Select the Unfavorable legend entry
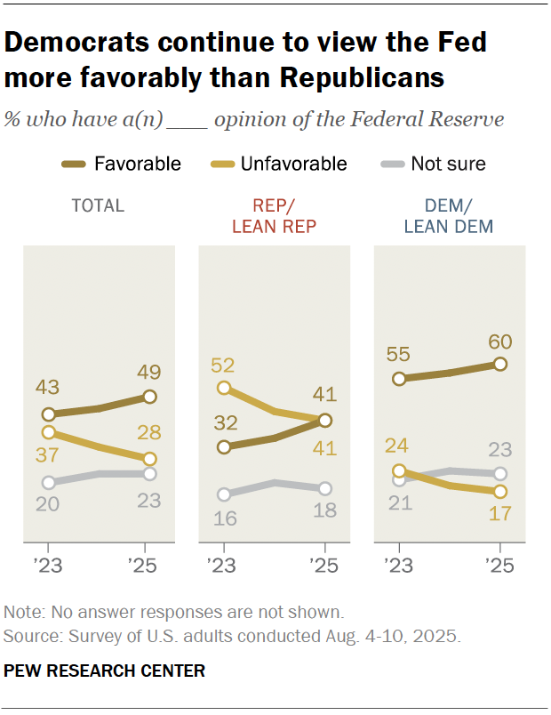(293, 164)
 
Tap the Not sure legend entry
(448, 164)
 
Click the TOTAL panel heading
(98, 206)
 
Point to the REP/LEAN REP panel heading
(274, 216)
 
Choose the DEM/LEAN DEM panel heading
(449, 216)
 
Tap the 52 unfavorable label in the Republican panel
(224, 365)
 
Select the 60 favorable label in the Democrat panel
(499, 341)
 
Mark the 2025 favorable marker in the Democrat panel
(500, 364)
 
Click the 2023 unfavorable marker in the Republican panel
(224, 388)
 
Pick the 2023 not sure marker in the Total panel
(48, 483)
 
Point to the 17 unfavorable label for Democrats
(499, 513)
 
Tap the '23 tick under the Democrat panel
(400, 565)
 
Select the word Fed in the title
(463, 43)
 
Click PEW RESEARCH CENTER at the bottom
(105, 671)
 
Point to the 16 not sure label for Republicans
(224, 518)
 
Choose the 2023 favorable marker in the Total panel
(48, 414)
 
